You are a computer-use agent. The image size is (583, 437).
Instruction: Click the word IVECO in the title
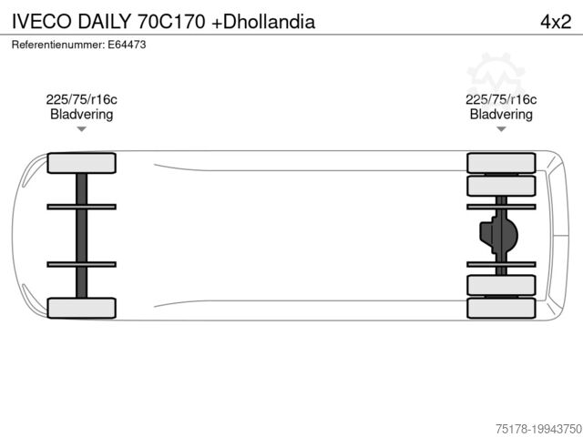tap(42, 22)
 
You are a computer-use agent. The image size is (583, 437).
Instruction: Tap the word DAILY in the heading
tap(105, 22)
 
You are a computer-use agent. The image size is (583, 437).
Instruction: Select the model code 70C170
tap(171, 22)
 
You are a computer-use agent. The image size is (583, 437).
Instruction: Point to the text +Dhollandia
tap(263, 22)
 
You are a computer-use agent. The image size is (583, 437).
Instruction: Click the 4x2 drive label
tap(556, 22)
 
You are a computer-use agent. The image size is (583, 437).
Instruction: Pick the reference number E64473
tap(127, 45)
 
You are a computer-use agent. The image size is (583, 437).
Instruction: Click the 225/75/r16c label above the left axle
tap(81, 99)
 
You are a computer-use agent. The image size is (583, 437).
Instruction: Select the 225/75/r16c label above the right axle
tap(501, 99)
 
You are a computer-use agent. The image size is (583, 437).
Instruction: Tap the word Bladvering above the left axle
tap(81, 114)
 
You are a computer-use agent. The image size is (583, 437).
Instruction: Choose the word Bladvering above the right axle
tap(501, 114)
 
